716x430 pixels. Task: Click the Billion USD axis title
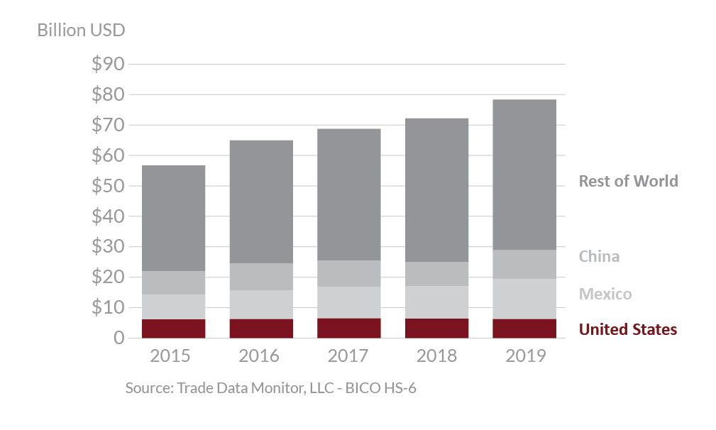pyautogui.click(x=81, y=31)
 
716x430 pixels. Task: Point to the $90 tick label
pyautogui.click(x=108, y=65)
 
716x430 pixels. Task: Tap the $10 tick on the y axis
pyautogui.click(x=108, y=308)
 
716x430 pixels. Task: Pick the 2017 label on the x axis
pyautogui.click(x=348, y=355)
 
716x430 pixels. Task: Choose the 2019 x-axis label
pyautogui.click(x=525, y=355)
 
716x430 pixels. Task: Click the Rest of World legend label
pyautogui.click(x=628, y=181)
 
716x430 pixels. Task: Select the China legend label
pyautogui.click(x=599, y=256)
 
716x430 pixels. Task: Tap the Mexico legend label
pyautogui.click(x=605, y=294)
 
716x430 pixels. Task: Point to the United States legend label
pyautogui.click(x=628, y=329)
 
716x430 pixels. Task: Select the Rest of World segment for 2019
pyautogui.click(x=525, y=175)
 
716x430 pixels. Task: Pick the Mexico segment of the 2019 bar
pyautogui.click(x=525, y=299)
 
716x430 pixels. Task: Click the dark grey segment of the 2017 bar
pyautogui.click(x=348, y=194)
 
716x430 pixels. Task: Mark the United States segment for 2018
pyautogui.click(x=436, y=329)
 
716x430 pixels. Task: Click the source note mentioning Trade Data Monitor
pyautogui.click(x=270, y=388)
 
